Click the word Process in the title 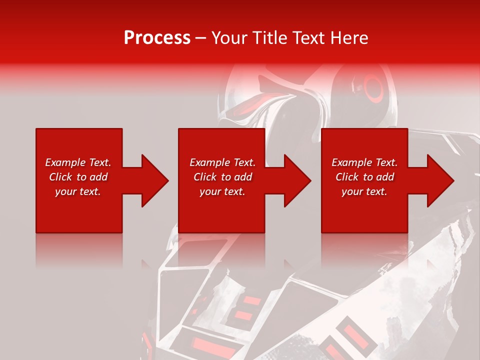coord(157,38)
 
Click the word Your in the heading coord(230,38)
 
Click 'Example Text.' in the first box coord(78,162)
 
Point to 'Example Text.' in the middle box coord(222,162)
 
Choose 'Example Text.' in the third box coord(364,162)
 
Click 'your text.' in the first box coord(78,191)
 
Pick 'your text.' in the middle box coord(222,191)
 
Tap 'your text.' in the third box coord(364,191)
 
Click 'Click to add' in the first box coord(78,177)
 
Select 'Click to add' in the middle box coord(222,177)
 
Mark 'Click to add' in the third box coord(364,177)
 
